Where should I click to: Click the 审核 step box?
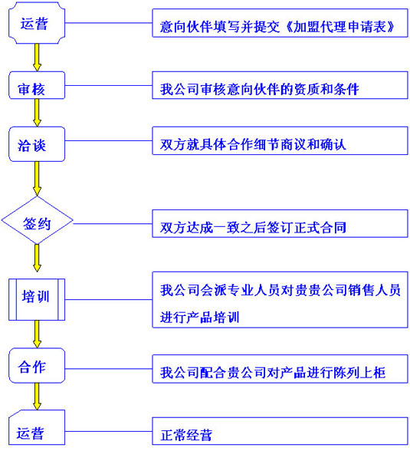(37, 85)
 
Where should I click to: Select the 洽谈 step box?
(37, 144)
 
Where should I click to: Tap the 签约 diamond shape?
(37, 220)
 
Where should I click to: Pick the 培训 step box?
(37, 299)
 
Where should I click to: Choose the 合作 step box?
(37, 366)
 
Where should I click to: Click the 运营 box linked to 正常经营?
(37, 428)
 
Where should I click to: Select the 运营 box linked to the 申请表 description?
(37, 23)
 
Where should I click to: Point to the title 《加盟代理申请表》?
(340, 27)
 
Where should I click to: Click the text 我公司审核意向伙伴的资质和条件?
(260, 89)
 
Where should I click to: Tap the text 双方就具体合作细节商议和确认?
(253, 144)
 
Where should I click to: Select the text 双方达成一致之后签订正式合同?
(253, 227)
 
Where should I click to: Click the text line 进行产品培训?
(200, 318)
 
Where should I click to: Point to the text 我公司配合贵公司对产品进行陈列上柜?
(273, 373)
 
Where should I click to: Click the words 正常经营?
(186, 435)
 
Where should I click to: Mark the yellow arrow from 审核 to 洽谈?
(37, 113)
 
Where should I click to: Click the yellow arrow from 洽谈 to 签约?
(37, 179)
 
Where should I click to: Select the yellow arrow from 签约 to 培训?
(37, 258)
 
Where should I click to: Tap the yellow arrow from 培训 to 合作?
(37, 334)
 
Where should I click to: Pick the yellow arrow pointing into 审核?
(37, 58)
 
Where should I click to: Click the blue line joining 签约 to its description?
(113, 223)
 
